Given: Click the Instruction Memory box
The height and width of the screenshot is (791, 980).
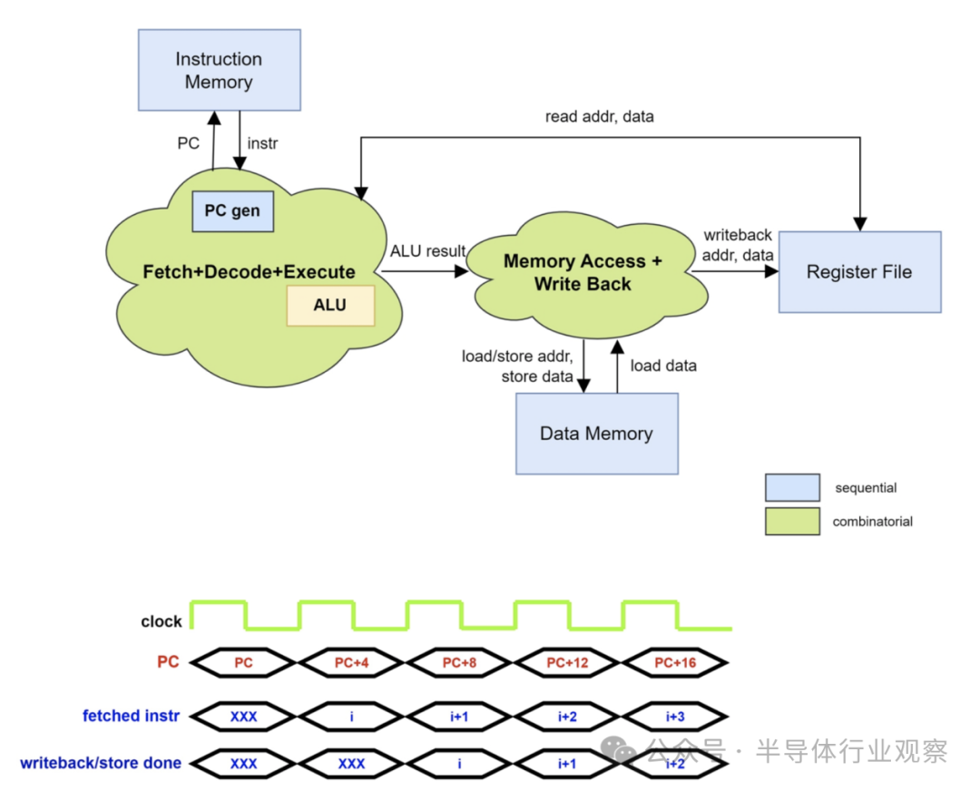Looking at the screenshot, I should pos(219,71).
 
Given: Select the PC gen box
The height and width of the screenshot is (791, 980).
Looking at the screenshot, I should pos(232,210).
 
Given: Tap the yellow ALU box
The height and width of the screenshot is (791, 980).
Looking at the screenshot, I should pos(330,305).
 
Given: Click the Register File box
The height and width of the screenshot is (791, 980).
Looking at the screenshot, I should pos(859,271).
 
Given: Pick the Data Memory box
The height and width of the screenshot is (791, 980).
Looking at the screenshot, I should pos(596,433).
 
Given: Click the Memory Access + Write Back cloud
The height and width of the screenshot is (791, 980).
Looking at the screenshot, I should pos(582,272).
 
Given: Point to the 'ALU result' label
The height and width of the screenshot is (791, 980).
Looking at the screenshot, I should pos(427,251).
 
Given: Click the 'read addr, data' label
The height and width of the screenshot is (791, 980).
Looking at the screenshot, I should pos(599,117).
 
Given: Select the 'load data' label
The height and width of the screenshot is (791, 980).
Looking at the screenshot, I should pos(663,366).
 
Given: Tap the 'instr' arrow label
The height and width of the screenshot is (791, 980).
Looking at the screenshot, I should pos(263,143).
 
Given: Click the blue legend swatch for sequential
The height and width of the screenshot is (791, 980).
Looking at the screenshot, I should pos(792,487).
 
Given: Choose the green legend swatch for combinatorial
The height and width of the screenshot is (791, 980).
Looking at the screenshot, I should pos(792,521).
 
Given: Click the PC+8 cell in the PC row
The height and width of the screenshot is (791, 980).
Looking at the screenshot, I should pos(459,663).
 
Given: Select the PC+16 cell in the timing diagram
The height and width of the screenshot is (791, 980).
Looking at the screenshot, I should pos(675,663).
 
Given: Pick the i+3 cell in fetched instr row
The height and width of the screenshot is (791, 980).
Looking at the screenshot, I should pos(675,717).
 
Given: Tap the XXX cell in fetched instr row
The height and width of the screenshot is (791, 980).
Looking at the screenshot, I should pos(243,717).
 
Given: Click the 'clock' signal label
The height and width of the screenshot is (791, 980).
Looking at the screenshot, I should pos(162,621).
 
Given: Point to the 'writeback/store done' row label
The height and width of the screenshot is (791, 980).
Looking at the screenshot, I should pos(101,763).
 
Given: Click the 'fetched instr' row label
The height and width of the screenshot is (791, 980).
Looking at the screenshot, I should pos(132,716).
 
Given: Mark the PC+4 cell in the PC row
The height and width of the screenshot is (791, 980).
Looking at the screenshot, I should pos(351,663).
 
